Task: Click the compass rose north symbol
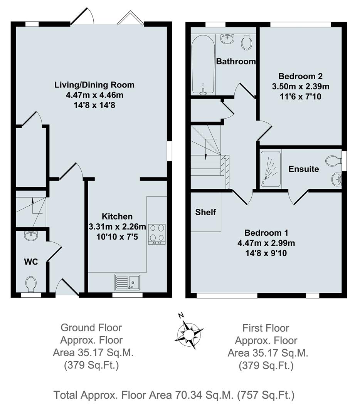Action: tap(189, 330)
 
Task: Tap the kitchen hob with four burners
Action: tap(156, 234)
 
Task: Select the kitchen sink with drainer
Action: tap(127, 282)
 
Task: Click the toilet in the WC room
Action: tap(31, 285)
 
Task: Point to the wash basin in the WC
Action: tap(30, 235)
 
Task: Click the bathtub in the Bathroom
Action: tap(203, 67)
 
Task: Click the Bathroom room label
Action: tap(236, 61)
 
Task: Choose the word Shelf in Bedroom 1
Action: tap(205, 212)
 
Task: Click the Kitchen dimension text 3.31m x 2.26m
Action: tap(118, 226)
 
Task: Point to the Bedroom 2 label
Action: tap(300, 76)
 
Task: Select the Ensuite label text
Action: tap(304, 169)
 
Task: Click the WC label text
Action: tap(31, 262)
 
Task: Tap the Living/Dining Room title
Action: tap(94, 85)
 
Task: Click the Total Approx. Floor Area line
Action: tap(174, 395)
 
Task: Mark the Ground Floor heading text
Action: tap(91, 328)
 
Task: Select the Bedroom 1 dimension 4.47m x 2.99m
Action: tap(266, 243)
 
